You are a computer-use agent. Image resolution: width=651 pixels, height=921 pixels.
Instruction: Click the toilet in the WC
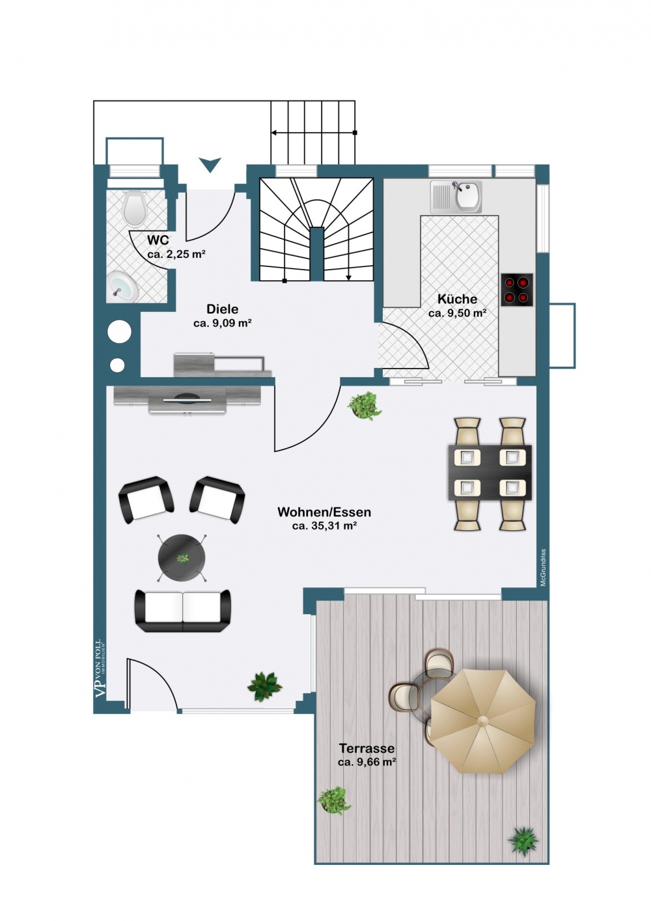135,206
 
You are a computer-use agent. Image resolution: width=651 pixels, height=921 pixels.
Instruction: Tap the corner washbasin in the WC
122,286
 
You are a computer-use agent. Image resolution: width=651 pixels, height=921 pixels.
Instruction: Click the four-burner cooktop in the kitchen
518,290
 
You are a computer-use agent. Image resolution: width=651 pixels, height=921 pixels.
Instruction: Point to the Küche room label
457,299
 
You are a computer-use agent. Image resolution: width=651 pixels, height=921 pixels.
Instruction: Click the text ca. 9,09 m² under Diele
223,323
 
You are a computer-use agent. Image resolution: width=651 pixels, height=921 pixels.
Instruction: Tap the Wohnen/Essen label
324,512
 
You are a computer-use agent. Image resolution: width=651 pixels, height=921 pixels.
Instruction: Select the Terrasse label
367,748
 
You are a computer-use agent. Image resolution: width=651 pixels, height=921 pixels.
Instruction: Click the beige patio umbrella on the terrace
483,720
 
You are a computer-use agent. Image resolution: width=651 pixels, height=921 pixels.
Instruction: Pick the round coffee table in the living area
182,558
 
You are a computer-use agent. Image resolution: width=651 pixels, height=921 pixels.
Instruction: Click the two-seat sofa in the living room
183,610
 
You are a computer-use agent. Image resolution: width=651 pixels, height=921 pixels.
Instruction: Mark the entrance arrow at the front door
210,165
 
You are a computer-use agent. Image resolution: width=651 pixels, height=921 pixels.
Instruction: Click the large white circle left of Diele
120,332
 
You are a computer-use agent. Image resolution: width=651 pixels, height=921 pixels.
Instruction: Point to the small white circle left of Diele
117,365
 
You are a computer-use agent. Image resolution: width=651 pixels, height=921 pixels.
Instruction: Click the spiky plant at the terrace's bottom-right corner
523,840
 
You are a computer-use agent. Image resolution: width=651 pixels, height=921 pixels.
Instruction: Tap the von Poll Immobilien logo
100,668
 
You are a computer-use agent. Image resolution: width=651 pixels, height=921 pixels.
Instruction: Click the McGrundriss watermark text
544,567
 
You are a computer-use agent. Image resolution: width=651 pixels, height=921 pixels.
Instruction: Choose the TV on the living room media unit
187,399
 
